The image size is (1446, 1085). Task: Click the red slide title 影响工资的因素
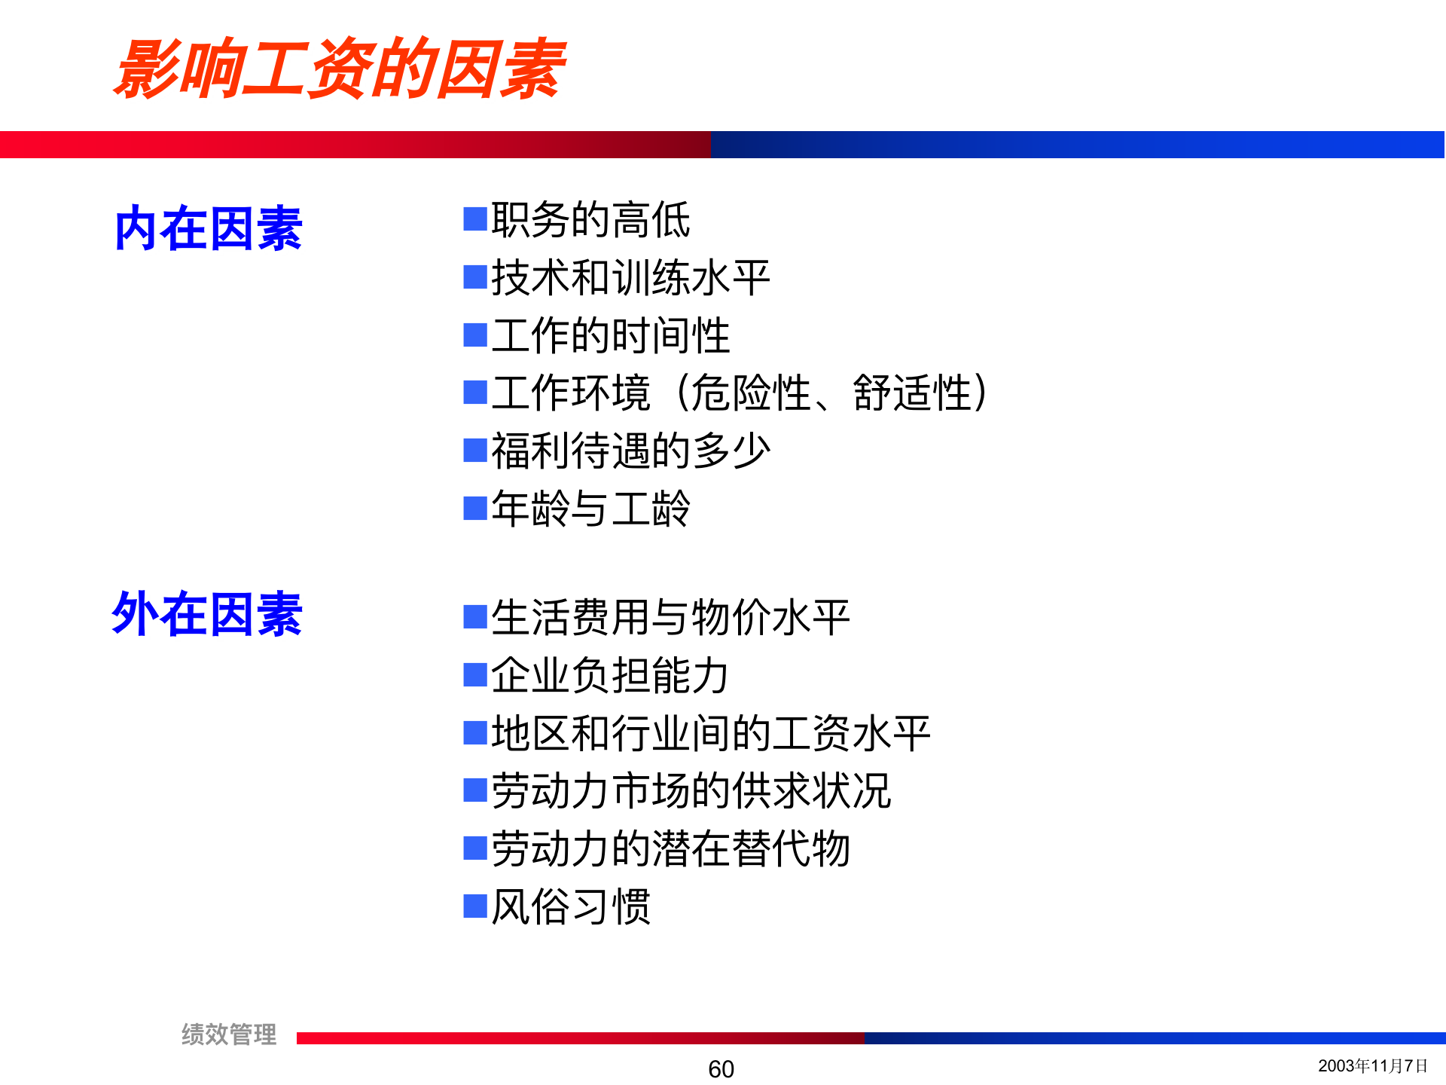(x=339, y=69)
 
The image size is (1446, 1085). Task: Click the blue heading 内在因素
(x=209, y=228)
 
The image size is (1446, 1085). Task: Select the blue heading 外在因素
(x=207, y=614)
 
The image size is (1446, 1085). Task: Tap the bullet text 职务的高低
(x=590, y=220)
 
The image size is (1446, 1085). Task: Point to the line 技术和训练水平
(x=630, y=278)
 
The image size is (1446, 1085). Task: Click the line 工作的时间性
(x=610, y=335)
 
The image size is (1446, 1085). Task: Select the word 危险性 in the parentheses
(x=750, y=393)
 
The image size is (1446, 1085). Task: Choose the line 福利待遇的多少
(x=630, y=451)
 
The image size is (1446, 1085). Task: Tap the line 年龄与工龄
(x=590, y=508)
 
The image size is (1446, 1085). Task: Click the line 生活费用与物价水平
(x=670, y=617)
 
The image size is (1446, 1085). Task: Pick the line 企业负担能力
(x=610, y=675)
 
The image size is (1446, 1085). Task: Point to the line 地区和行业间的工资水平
(x=710, y=732)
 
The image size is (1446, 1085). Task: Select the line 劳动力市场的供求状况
(x=691, y=790)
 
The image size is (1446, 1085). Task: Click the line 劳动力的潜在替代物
(x=670, y=848)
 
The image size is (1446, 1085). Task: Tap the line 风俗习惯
(x=570, y=906)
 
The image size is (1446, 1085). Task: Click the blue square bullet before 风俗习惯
(x=475, y=906)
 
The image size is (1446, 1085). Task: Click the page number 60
(x=721, y=1068)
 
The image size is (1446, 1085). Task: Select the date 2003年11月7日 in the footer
(x=1372, y=1065)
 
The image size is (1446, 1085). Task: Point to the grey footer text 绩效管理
(x=229, y=1034)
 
